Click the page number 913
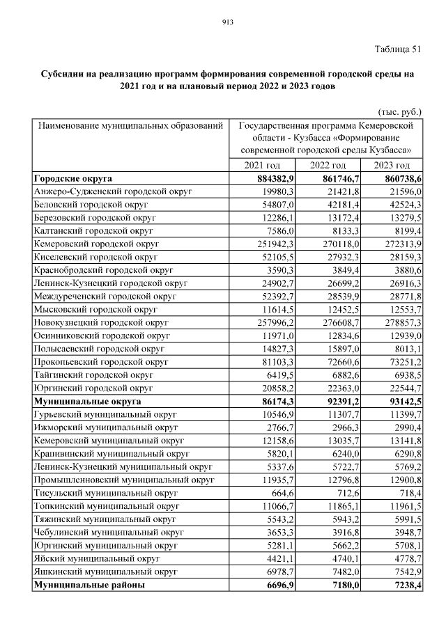(x=226, y=22)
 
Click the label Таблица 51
(x=398, y=48)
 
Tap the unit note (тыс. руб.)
(x=399, y=111)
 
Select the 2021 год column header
(x=262, y=165)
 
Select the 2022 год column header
(x=328, y=165)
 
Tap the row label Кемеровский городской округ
(x=96, y=244)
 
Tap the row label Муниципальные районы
(x=89, y=585)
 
